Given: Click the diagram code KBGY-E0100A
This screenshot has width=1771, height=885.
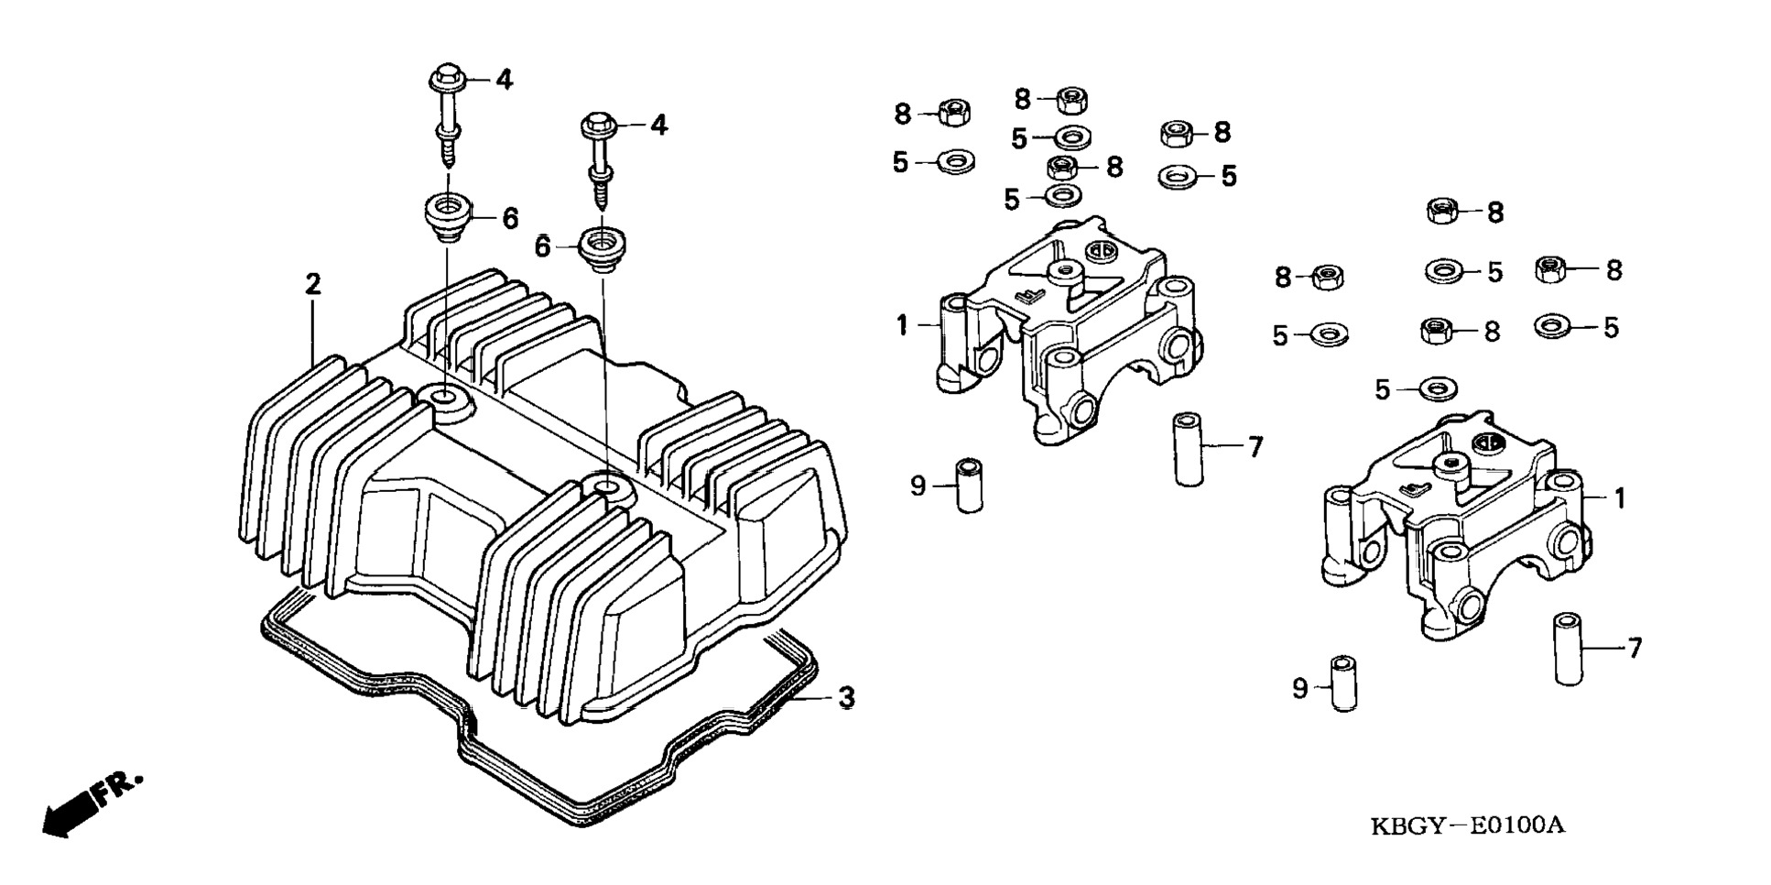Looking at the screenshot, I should coord(1467,825).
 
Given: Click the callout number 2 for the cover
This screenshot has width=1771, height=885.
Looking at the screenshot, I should coord(313,284).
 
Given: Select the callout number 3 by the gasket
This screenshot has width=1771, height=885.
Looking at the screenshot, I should coord(846,698).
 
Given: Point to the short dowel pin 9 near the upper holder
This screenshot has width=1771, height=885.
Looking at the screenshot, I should coord(969,486).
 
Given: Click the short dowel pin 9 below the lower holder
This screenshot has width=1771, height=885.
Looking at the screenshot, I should coord(1344,683).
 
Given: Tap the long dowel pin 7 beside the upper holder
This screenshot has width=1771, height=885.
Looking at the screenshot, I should coord(1189,449).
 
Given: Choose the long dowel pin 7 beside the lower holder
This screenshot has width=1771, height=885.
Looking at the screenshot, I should coord(1569,650).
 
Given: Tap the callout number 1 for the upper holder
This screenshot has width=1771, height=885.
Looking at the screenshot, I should coord(902,324).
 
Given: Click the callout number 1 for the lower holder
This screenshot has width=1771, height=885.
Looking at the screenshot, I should coord(1619,498).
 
